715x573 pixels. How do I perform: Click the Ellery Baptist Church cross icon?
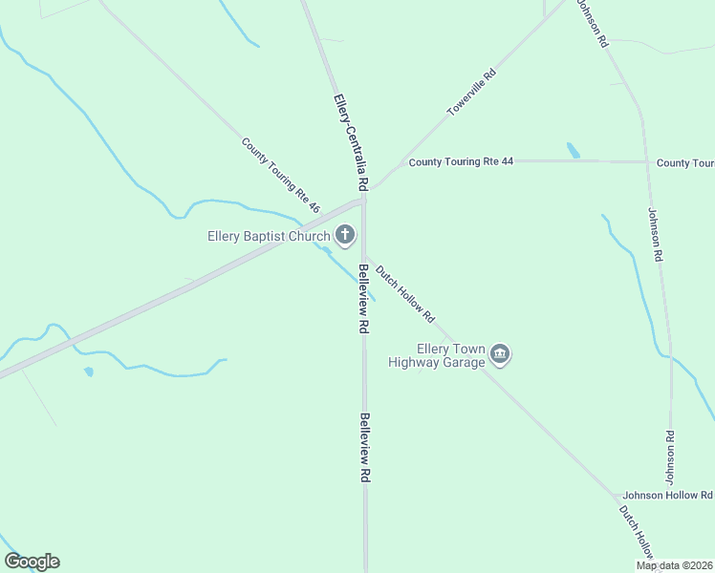click(x=345, y=235)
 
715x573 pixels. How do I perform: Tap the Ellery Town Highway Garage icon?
click(x=500, y=355)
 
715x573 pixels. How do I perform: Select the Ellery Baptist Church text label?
click(x=270, y=236)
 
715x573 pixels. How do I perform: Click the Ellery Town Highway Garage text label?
click(x=437, y=355)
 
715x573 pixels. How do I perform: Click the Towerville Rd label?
click(x=472, y=93)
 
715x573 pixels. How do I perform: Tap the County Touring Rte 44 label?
click(x=461, y=161)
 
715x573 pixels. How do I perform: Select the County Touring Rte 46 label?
click(x=281, y=176)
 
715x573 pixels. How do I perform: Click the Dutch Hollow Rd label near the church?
click(x=405, y=293)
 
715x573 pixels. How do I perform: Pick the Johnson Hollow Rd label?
click(x=667, y=495)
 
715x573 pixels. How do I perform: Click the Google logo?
click(x=32, y=562)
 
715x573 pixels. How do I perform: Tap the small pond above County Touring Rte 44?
click(x=573, y=150)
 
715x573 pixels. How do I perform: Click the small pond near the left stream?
click(x=88, y=371)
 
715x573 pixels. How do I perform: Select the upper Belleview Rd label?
click(x=363, y=299)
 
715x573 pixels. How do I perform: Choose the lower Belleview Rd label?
click(x=364, y=447)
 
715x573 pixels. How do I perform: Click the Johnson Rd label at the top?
click(x=592, y=24)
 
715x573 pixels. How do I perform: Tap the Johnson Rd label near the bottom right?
click(x=669, y=456)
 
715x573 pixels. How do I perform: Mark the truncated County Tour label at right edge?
click(x=685, y=163)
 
